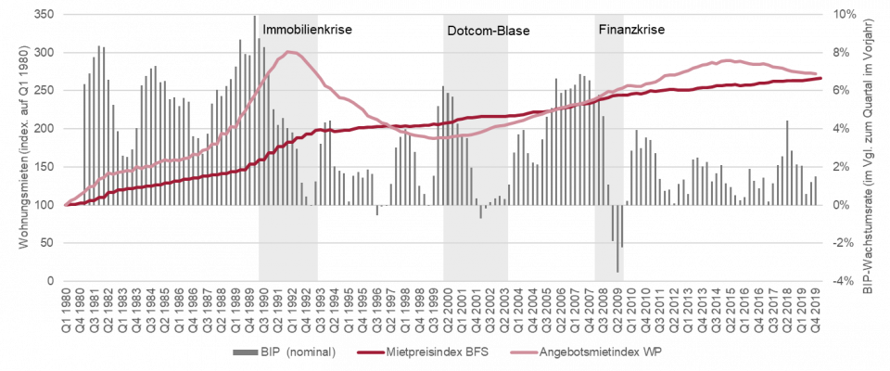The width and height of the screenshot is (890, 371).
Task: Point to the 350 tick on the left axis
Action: click(44, 15)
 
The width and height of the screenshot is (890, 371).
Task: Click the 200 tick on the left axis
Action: click(44, 129)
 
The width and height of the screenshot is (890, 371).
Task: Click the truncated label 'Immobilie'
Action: click(290, 30)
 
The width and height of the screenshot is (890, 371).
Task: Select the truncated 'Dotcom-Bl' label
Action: click(477, 30)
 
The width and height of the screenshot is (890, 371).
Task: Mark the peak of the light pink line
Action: click(291, 52)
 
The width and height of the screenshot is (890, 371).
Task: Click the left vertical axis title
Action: click(20, 147)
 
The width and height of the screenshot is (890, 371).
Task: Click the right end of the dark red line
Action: click(820, 78)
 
